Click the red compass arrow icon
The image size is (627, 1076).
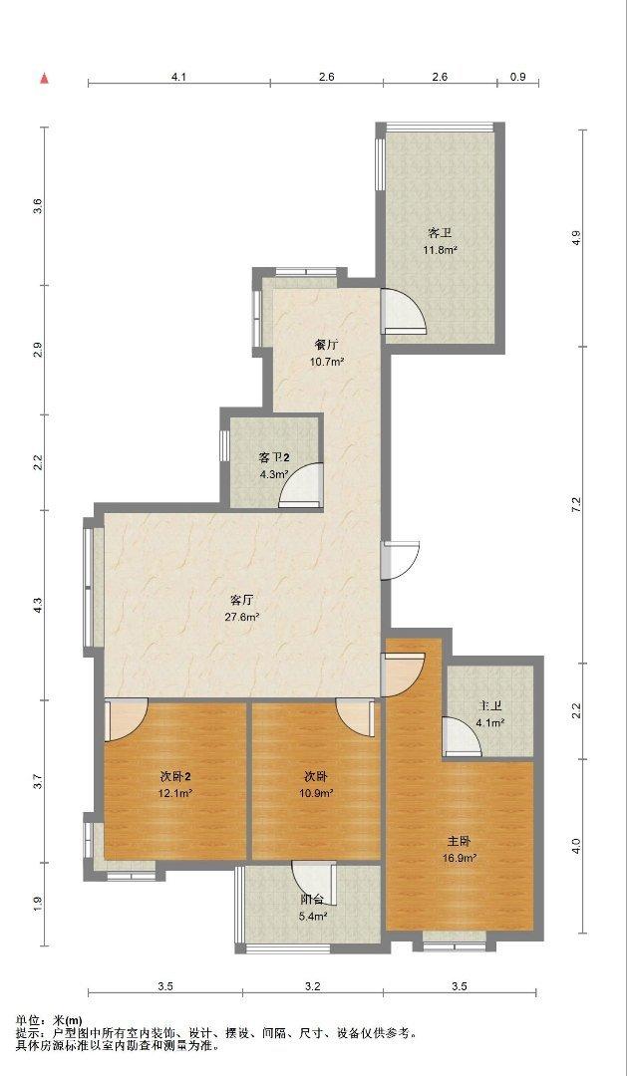tap(45, 79)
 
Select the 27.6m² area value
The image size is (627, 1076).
tap(242, 617)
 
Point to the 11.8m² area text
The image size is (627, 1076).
tap(441, 250)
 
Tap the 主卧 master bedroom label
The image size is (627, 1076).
tap(460, 841)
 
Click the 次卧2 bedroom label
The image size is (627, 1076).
tap(175, 777)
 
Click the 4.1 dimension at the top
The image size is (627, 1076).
tap(178, 78)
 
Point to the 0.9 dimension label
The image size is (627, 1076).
tap(518, 78)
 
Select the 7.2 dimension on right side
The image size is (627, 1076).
tap(577, 504)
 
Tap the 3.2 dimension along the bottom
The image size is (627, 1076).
tap(313, 986)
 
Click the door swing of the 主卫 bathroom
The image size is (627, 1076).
tap(462, 736)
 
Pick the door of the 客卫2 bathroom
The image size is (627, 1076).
tap(301, 486)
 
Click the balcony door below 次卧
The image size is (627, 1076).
tap(313, 883)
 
